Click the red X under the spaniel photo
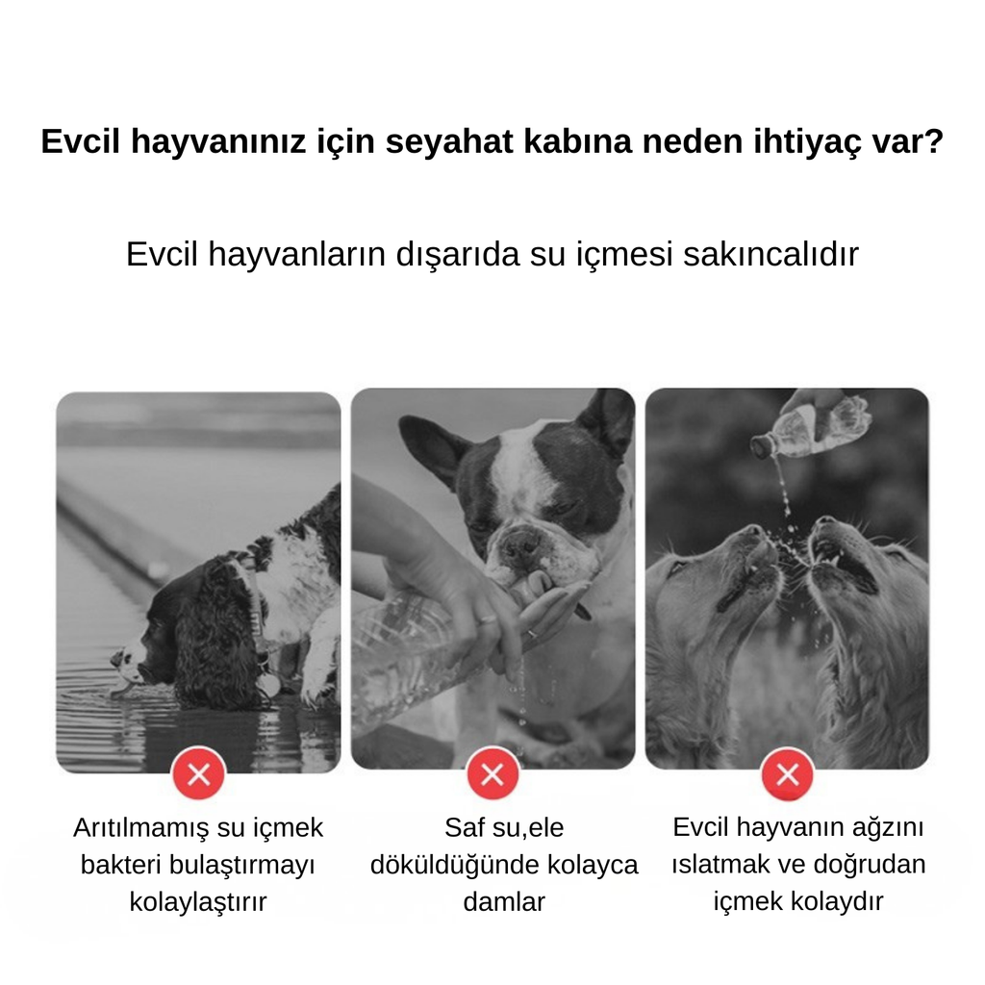198,774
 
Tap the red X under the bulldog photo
492,774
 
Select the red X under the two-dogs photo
787,774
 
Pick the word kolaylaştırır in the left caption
198,902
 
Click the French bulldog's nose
520,544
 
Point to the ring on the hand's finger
530,634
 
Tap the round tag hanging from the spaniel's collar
269,685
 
